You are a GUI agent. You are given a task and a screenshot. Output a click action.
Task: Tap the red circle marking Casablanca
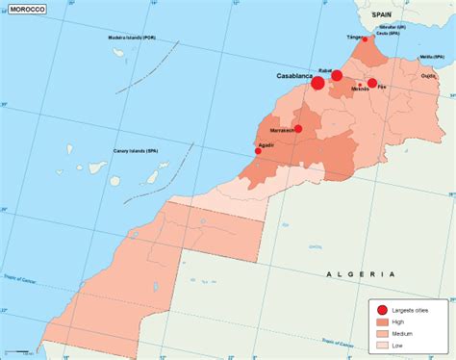[x=317, y=84]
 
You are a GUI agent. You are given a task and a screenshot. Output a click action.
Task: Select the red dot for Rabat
[x=337, y=76]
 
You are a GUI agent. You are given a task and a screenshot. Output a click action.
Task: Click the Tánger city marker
[x=364, y=40]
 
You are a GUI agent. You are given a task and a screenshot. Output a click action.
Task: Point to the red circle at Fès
[x=372, y=84]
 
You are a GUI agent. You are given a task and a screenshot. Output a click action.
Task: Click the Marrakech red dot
[x=298, y=128]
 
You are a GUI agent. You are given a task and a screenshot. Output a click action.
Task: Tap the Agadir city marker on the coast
[x=258, y=151]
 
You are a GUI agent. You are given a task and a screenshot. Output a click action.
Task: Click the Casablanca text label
[x=292, y=75]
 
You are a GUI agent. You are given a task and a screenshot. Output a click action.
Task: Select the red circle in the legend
[x=381, y=309]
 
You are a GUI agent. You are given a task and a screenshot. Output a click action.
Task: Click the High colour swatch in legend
[x=381, y=322]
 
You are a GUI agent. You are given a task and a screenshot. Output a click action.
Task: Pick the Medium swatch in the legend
[x=381, y=333]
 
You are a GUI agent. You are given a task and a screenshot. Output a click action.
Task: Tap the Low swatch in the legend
[x=381, y=344]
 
